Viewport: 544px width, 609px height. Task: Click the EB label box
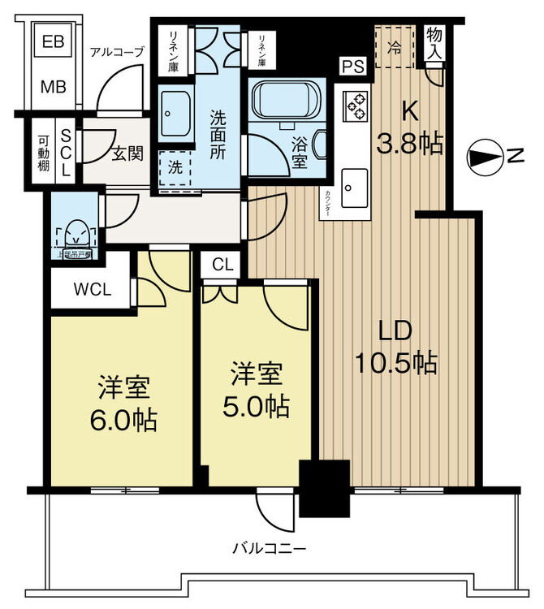coord(54,41)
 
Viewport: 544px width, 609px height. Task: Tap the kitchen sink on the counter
coord(353,188)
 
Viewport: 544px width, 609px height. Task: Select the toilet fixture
coord(74,232)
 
